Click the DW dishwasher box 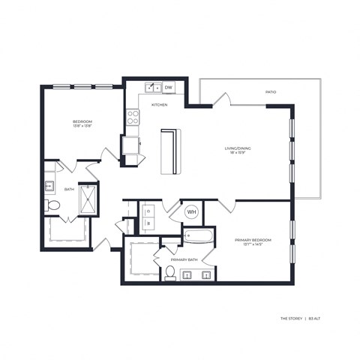coord(169,88)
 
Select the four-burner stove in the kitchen coord(133,117)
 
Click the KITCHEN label coord(160,105)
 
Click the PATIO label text coord(271,92)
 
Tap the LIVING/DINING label coord(238,148)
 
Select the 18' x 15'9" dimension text coord(238,154)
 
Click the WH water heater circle coord(191,212)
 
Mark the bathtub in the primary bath coord(199,238)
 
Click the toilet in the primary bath coord(170,271)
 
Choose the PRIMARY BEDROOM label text coord(252,239)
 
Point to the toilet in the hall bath coord(52,204)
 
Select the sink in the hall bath coord(49,186)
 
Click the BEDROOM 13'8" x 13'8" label coord(82,124)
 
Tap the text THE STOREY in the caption coord(291,319)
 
